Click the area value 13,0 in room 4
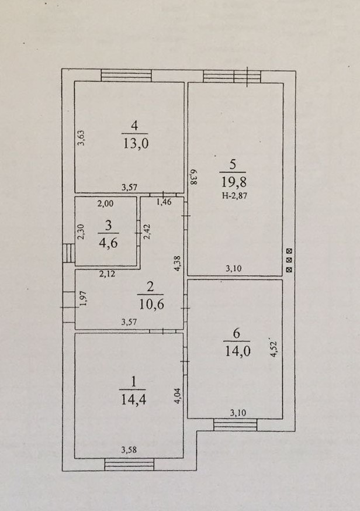coord(135,143)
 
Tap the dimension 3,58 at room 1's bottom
coord(130,450)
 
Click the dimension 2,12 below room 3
coord(107,272)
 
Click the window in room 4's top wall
coord(126,75)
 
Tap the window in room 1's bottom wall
coord(129,464)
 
